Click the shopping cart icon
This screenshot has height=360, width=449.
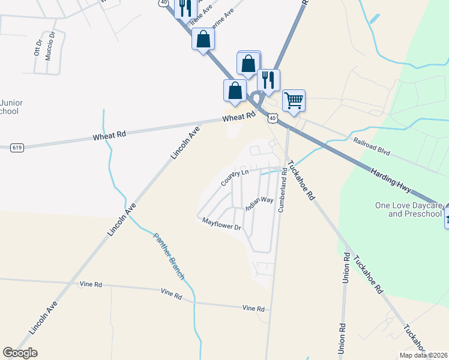(294, 100)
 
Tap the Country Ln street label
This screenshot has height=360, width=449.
(234, 177)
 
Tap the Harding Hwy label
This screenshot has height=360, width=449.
(395, 180)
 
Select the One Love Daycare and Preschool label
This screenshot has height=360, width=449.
(408, 209)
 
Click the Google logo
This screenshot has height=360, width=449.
(20, 353)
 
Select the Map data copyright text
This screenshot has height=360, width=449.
(423, 355)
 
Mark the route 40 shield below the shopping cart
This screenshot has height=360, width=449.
(273, 119)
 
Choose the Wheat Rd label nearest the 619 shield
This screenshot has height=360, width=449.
(109, 136)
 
